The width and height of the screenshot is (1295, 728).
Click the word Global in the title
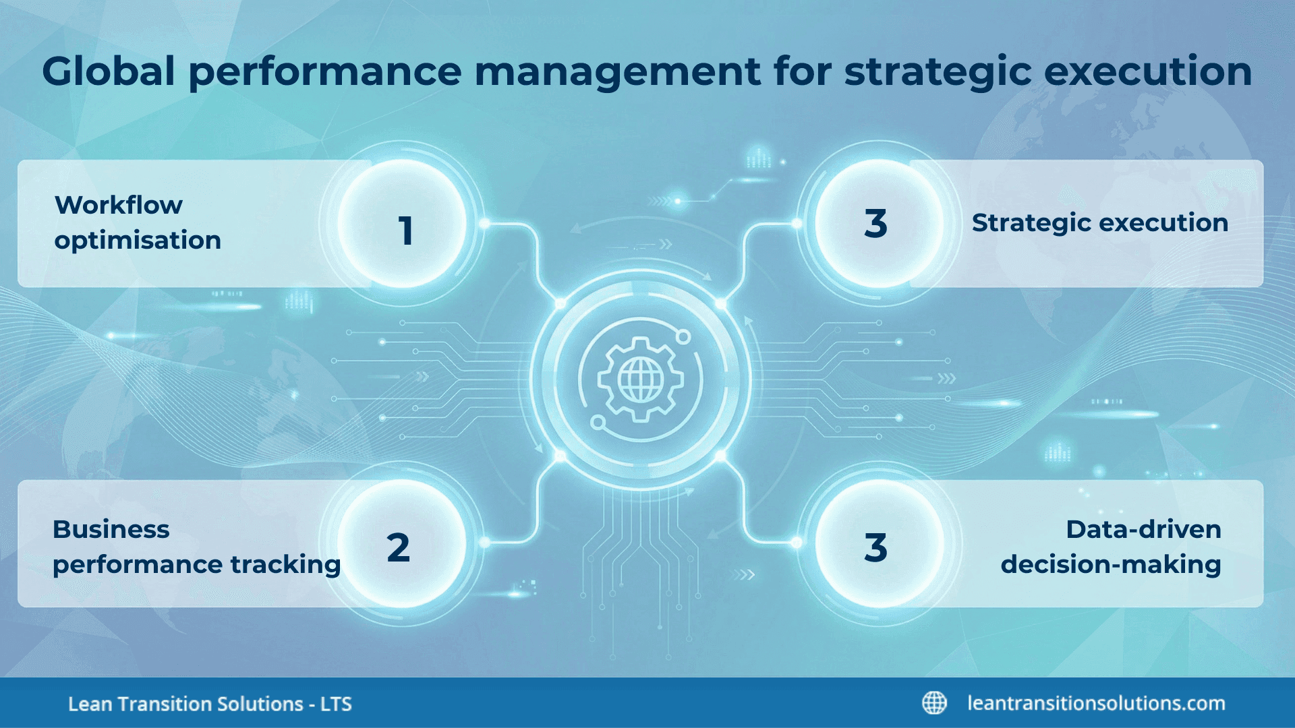(109, 71)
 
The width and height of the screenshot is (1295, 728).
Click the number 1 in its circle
(405, 231)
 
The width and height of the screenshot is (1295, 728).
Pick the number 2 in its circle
(399, 547)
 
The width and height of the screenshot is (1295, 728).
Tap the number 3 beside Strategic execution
(875, 224)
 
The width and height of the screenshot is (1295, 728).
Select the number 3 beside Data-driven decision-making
(875, 547)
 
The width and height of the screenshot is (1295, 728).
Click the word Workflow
(119, 205)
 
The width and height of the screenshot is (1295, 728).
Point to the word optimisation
(138, 241)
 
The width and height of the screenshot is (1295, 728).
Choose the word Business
(111, 530)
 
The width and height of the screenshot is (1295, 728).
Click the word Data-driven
(1143, 530)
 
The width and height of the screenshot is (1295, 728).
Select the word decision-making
(1110, 565)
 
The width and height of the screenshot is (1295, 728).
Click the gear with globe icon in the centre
(640, 380)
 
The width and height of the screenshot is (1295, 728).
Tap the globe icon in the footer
(934, 703)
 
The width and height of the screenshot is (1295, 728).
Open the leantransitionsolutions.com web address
(1096, 703)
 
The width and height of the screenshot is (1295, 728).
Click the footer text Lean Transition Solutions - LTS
(210, 704)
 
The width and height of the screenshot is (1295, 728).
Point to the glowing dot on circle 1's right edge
(484, 223)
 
